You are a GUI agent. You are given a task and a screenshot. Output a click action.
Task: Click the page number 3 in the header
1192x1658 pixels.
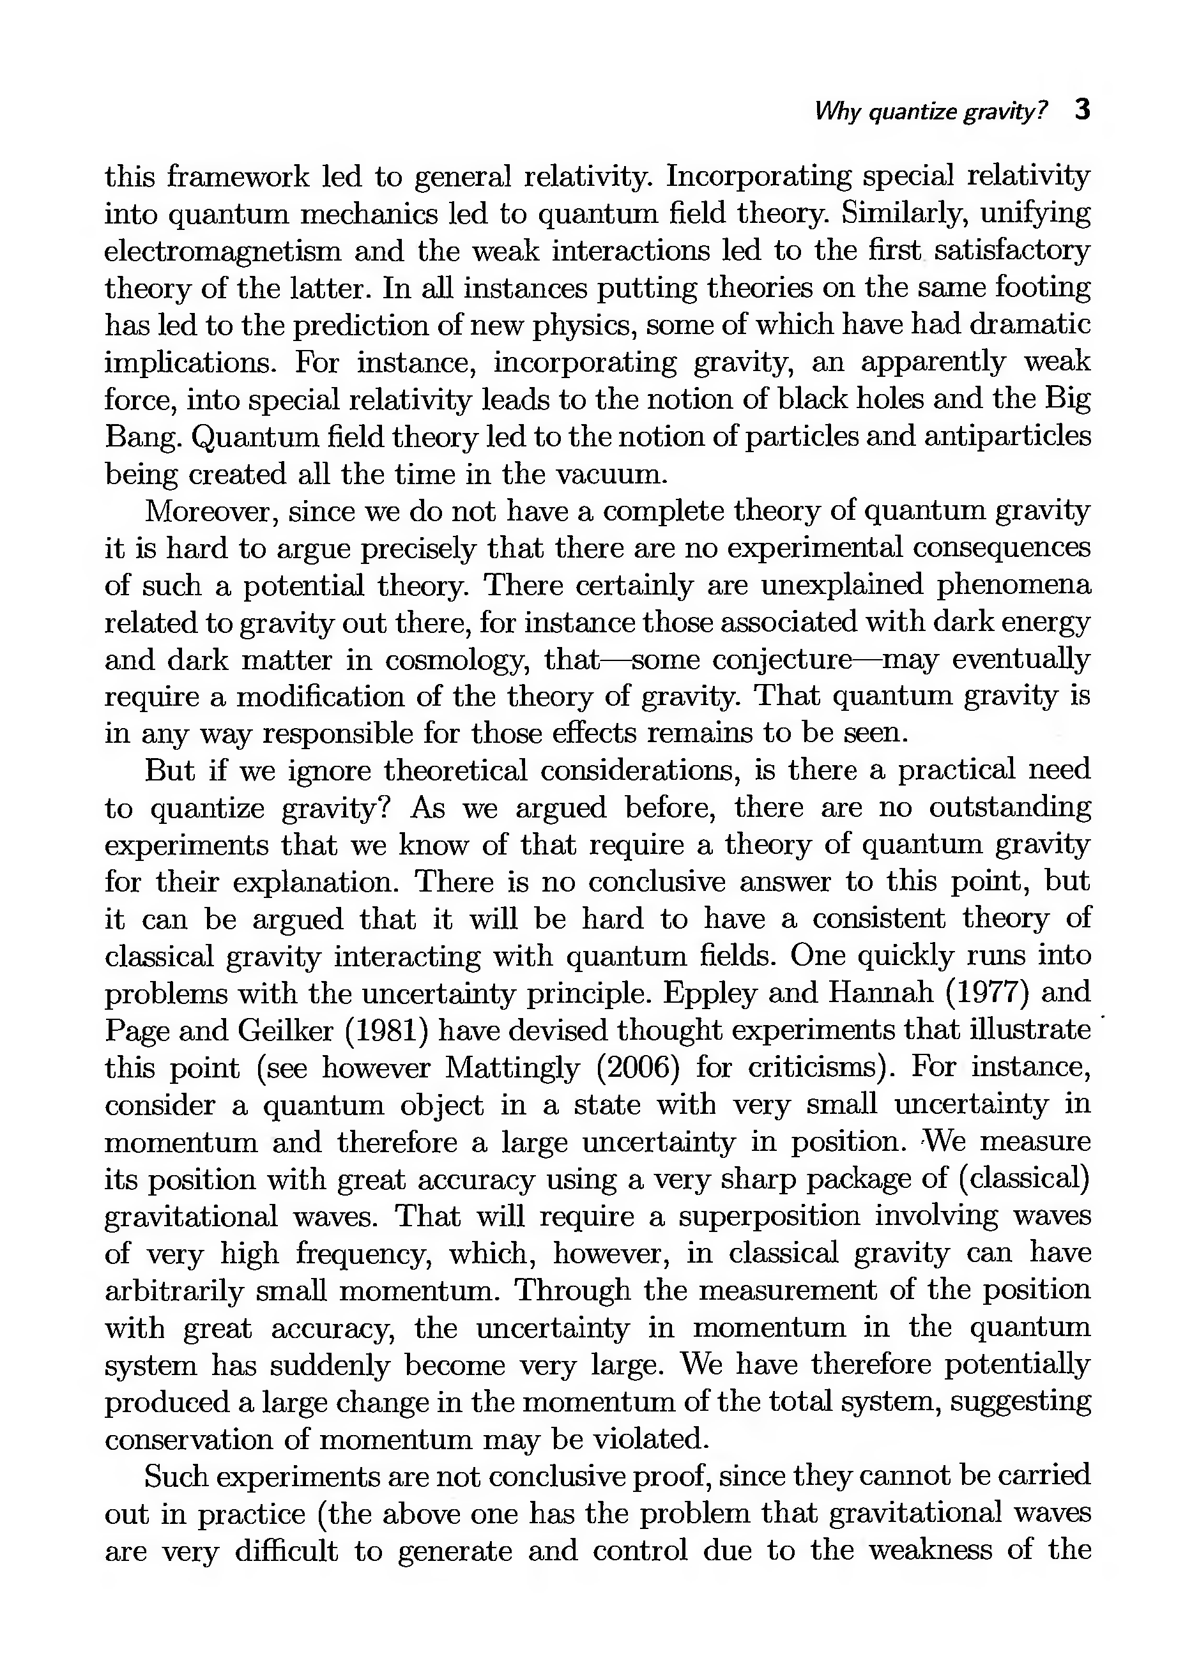pyautogui.click(x=1081, y=110)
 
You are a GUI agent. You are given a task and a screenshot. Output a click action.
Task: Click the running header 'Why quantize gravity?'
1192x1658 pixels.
pyautogui.click(x=930, y=112)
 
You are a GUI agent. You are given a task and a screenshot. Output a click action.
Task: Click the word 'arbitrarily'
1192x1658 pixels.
pyautogui.click(x=173, y=1291)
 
